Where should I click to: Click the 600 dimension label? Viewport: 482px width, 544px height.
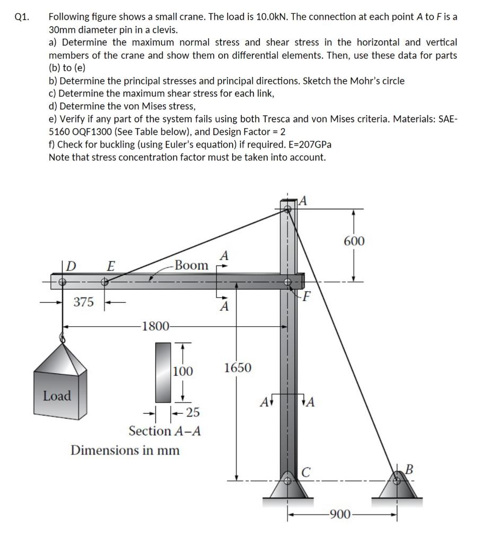click(354, 241)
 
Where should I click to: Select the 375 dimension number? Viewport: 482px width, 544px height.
click(84, 302)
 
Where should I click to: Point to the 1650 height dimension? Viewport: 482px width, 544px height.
click(238, 368)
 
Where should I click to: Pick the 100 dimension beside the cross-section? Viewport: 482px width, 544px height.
click(183, 371)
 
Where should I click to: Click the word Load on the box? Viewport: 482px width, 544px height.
click(57, 396)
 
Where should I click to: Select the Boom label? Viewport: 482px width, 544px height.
click(191, 265)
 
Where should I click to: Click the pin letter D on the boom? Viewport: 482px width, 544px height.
click(71, 265)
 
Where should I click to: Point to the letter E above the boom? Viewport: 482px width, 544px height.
click(111, 265)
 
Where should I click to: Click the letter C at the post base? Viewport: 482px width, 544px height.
click(306, 471)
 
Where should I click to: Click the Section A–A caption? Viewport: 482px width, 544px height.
click(164, 430)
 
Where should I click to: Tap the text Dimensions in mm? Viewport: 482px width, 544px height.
click(125, 450)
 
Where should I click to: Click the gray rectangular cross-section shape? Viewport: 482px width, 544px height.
click(162, 372)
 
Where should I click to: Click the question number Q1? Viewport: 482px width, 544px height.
click(21, 16)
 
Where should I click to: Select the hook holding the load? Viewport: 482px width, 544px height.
click(63, 337)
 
